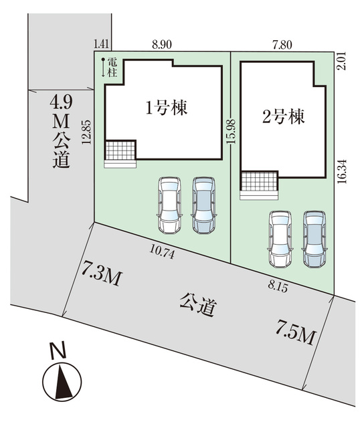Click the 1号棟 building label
(167, 108)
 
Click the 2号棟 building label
(283, 117)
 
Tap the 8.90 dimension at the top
(162, 44)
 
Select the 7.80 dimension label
(282, 44)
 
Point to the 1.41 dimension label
(101, 43)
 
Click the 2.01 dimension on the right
(341, 61)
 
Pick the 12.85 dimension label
(86, 132)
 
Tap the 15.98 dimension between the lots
(231, 132)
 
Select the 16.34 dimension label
(341, 171)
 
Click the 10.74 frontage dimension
(162, 251)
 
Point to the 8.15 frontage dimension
(278, 287)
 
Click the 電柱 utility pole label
(112, 68)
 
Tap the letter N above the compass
(58, 350)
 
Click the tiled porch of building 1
(120, 150)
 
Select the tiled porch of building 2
(259, 181)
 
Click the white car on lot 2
(280, 239)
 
